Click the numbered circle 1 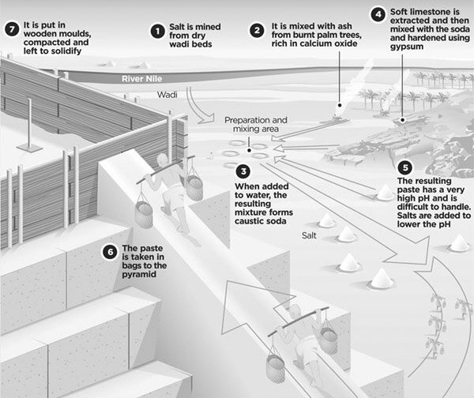click(x=158, y=32)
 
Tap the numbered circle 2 click(x=256, y=31)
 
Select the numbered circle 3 click(x=243, y=171)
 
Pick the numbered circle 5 click(x=405, y=167)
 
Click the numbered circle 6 click(x=110, y=252)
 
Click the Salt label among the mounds click(x=310, y=235)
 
